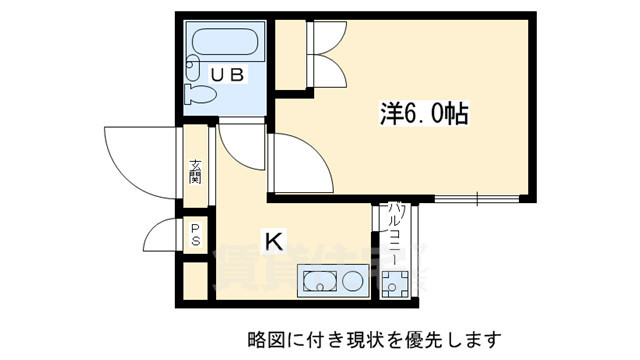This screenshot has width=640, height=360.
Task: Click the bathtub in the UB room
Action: pos(226,45)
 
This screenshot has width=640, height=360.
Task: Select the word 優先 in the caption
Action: pos(426,339)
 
